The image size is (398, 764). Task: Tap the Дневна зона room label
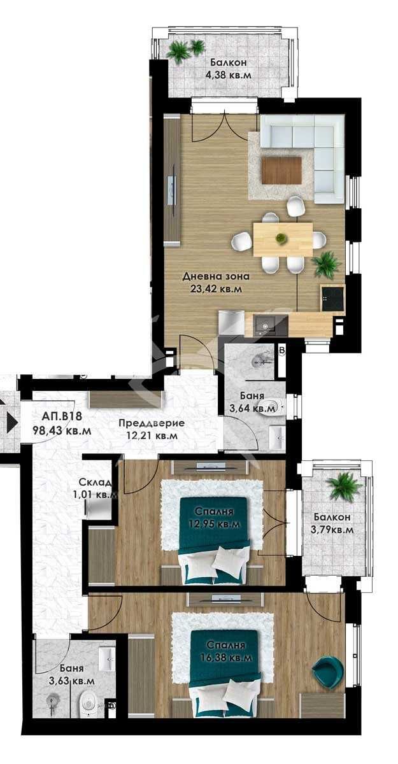click(211, 277)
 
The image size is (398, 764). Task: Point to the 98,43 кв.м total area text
click(62, 430)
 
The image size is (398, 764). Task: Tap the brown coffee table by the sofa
click(281, 169)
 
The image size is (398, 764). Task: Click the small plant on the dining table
click(280, 239)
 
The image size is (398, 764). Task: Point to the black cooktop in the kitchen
click(332, 298)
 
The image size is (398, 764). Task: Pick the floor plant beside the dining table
click(327, 264)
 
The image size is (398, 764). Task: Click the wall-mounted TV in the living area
click(170, 190)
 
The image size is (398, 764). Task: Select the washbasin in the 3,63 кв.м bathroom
click(107, 656)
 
